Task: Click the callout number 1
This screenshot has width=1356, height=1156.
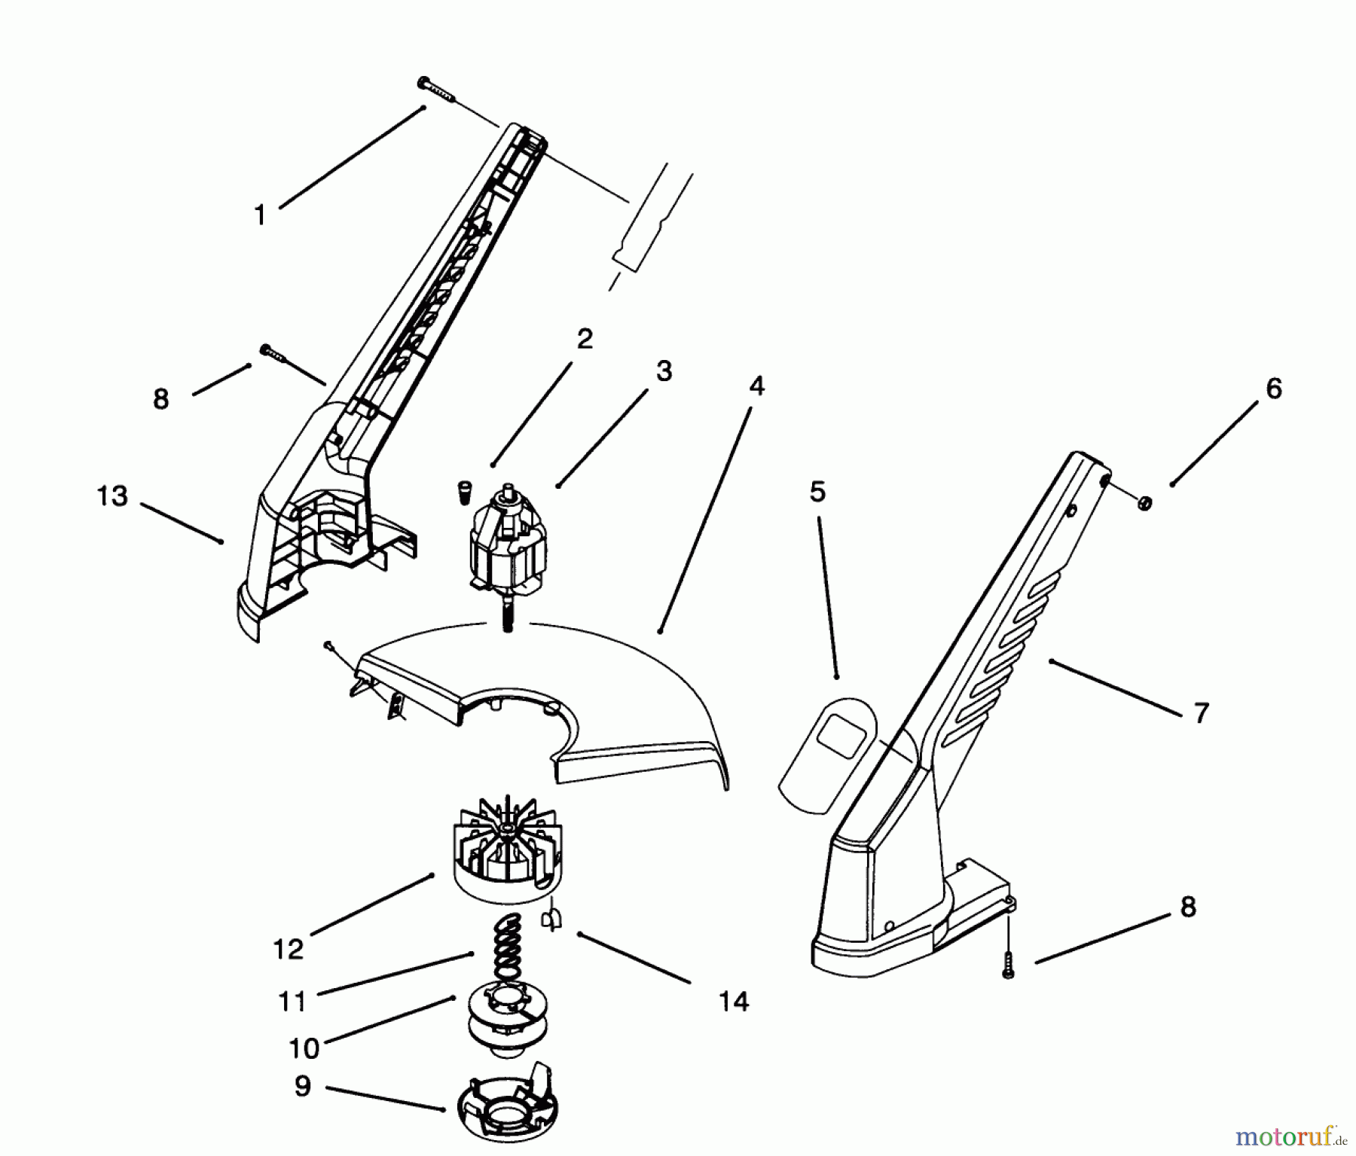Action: (260, 216)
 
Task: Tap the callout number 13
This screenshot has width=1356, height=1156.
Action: (113, 496)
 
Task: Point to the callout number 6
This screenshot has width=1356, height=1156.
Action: (1273, 389)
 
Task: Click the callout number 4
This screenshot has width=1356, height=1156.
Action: (756, 386)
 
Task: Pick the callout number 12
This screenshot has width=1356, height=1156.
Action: (288, 949)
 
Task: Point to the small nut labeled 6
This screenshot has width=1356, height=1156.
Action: (1144, 503)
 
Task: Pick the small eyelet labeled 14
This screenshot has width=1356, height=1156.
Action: (551, 919)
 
